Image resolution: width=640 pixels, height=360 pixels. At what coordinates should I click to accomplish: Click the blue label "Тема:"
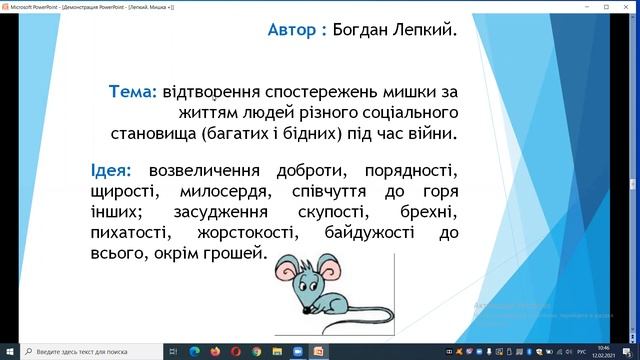pyautogui.click(x=133, y=92)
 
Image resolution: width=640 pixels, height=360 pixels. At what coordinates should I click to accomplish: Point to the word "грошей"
pyautogui.click(x=234, y=255)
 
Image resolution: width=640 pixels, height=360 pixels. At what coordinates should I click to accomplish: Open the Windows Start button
pyautogui.click(x=9, y=351)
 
